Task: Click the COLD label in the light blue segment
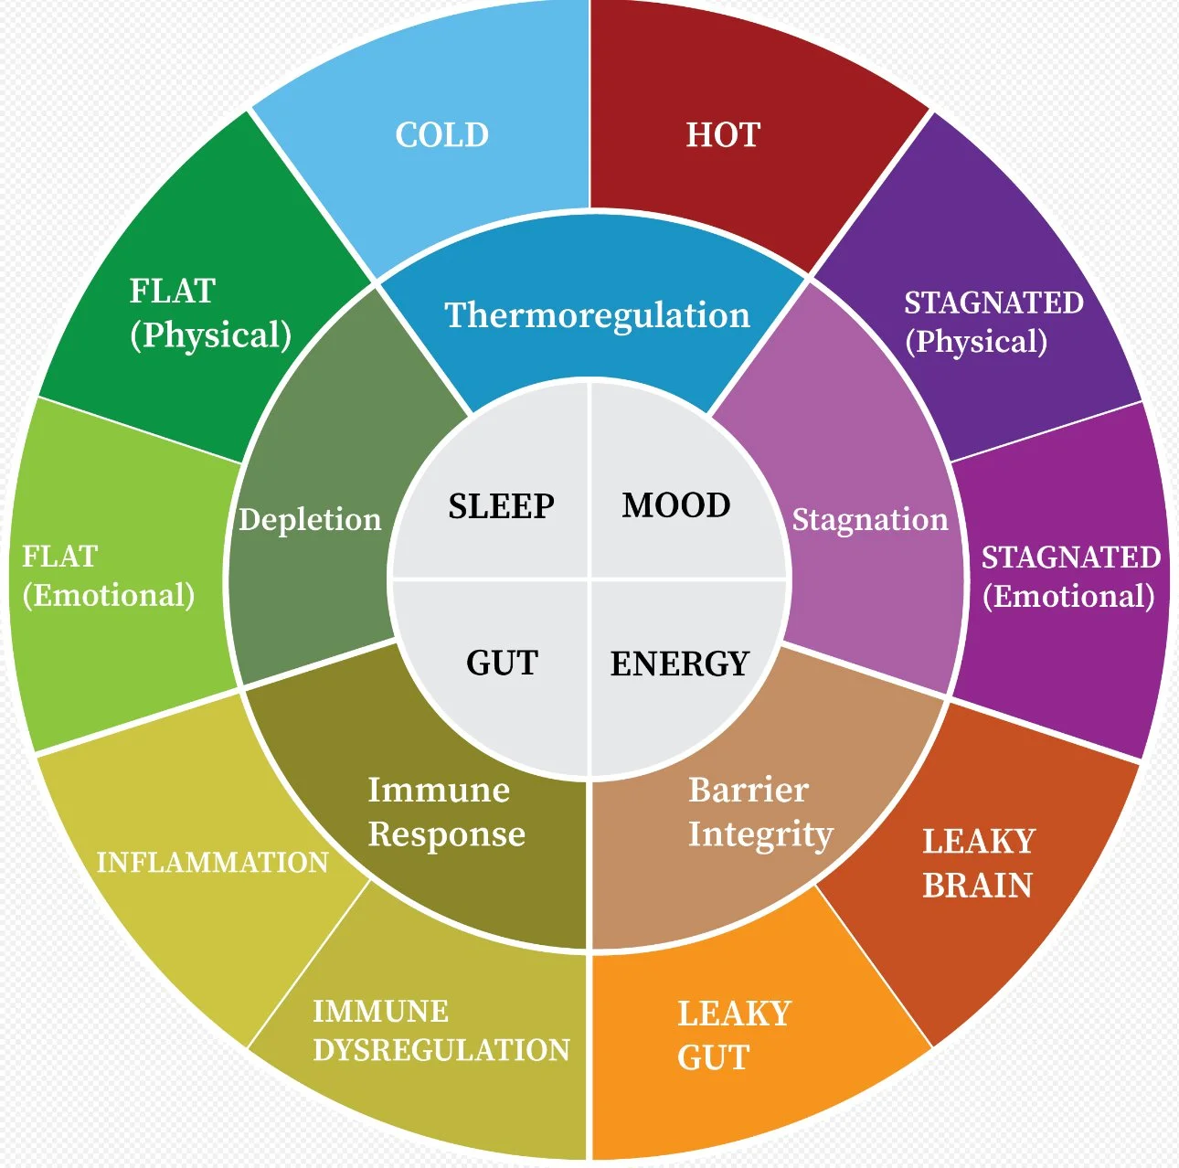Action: click(x=441, y=135)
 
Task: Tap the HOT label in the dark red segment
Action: click(x=723, y=135)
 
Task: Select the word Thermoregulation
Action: click(x=597, y=315)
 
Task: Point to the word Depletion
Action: click(x=310, y=519)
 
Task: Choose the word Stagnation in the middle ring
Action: click(x=870, y=519)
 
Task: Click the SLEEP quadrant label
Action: click(x=501, y=505)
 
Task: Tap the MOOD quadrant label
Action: click(x=676, y=504)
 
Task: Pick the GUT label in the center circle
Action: click(x=502, y=663)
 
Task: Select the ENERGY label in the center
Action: click(x=679, y=664)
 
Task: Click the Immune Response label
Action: click(x=446, y=812)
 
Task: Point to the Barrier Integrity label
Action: click(x=760, y=812)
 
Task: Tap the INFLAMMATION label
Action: click(x=212, y=862)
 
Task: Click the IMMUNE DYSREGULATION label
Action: click(x=441, y=1031)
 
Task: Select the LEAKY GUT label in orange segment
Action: click(x=733, y=1035)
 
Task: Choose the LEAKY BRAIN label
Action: click(x=978, y=863)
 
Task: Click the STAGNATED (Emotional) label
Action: click(x=1070, y=577)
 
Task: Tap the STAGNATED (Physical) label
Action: click(x=993, y=322)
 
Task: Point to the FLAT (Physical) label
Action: click(x=210, y=313)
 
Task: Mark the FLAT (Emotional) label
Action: click(x=108, y=576)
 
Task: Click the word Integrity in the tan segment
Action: click(x=760, y=834)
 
